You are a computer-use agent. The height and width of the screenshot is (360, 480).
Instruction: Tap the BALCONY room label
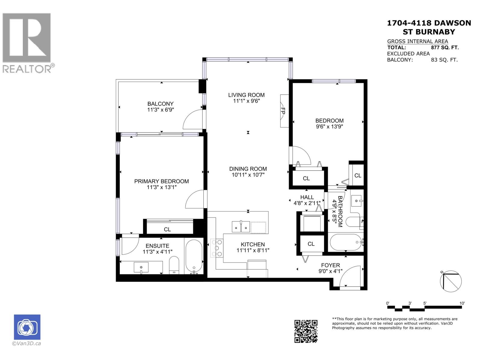pos(160,104)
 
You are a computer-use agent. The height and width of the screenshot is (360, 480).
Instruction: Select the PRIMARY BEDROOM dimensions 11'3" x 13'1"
pos(161,187)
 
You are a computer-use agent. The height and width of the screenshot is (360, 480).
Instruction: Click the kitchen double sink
pos(241,227)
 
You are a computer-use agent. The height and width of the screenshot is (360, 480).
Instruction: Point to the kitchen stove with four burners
pos(217,248)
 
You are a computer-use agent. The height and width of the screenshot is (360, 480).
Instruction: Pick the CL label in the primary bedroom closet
pos(167,229)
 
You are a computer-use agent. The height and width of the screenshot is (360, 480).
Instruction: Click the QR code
pos(306,331)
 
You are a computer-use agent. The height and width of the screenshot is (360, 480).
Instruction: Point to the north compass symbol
pos(451,281)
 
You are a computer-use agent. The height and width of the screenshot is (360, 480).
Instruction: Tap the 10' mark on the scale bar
pos(462,303)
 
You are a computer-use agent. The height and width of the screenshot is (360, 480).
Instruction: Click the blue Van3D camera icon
pos(27,327)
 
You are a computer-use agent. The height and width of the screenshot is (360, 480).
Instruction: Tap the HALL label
pos(307,197)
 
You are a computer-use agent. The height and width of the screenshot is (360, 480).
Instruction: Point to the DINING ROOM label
pos(248,169)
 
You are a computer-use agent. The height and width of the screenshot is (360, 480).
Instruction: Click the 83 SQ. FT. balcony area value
pos(444,60)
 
